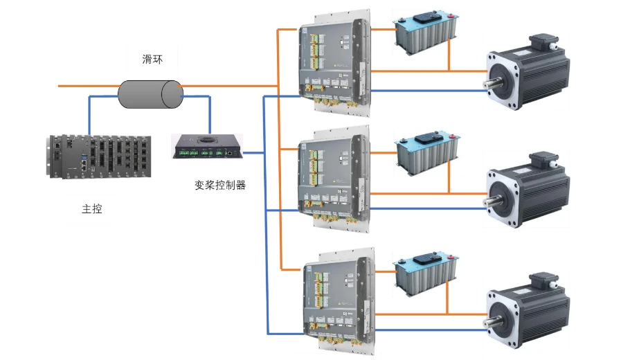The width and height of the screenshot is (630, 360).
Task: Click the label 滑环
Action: tap(152, 60)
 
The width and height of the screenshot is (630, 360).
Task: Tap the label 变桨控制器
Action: tap(220, 186)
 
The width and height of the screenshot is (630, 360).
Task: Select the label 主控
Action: tap(91, 208)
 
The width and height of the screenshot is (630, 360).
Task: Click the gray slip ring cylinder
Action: tap(149, 94)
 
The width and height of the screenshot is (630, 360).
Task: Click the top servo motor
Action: tap(530, 73)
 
